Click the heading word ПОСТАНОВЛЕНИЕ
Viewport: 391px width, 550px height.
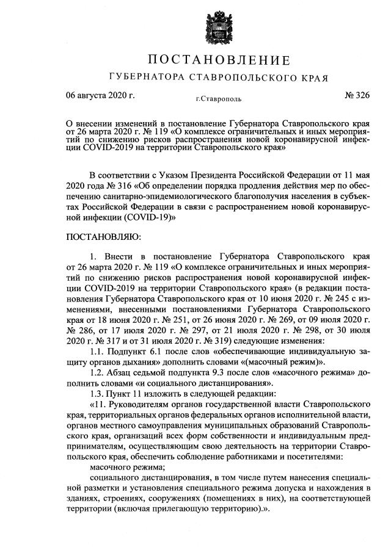[218, 61]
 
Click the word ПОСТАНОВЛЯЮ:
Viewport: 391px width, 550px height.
[103, 236]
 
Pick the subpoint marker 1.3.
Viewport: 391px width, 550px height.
[98, 394]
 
